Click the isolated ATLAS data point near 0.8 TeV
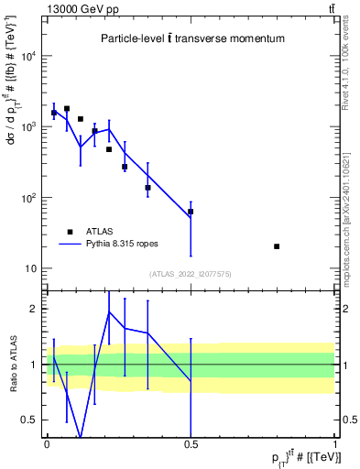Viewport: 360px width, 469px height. click(x=277, y=246)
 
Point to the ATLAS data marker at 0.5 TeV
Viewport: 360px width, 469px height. click(x=191, y=212)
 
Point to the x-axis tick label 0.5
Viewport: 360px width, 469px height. click(x=191, y=444)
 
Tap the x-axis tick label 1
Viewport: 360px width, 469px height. click(x=335, y=444)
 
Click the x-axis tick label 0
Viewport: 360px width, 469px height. click(x=47, y=444)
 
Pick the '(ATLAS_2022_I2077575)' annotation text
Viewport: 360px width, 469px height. click(x=191, y=274)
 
